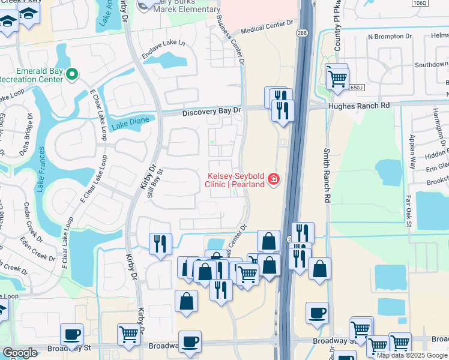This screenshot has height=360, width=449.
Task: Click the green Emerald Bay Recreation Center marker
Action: click(72, 74)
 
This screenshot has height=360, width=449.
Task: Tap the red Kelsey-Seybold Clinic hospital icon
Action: click(274, 179)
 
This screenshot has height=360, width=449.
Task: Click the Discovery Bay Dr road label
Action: click(211, 111)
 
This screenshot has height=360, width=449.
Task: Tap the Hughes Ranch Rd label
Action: click(359, 106)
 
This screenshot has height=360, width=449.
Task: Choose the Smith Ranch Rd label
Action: click(327, 175)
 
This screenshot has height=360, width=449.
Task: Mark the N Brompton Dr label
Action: click(390, 37)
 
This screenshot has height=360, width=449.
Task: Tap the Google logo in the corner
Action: click(19, 353)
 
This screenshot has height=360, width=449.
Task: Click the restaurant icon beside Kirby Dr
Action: click(160, 244)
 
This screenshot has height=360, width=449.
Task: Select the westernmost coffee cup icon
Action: click(71, 334)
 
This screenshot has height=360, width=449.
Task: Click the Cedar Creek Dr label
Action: click(27, 218)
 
